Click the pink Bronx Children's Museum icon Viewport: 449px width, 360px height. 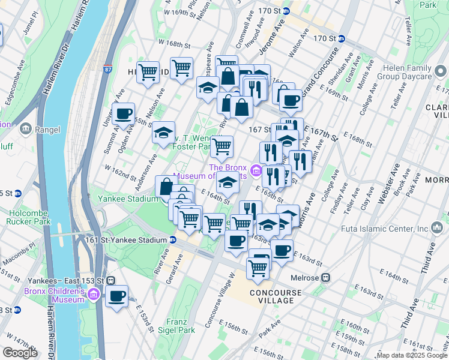click(x=94, y=295)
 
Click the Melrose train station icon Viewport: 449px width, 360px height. click(x=326, y=278)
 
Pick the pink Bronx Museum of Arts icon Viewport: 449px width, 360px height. click(x=257, y=171)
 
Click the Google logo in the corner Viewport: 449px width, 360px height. click(x=20, y=352)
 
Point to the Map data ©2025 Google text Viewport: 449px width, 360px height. click(x=412, y=355)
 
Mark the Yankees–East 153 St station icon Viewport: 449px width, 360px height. click(x=110, y=280)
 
